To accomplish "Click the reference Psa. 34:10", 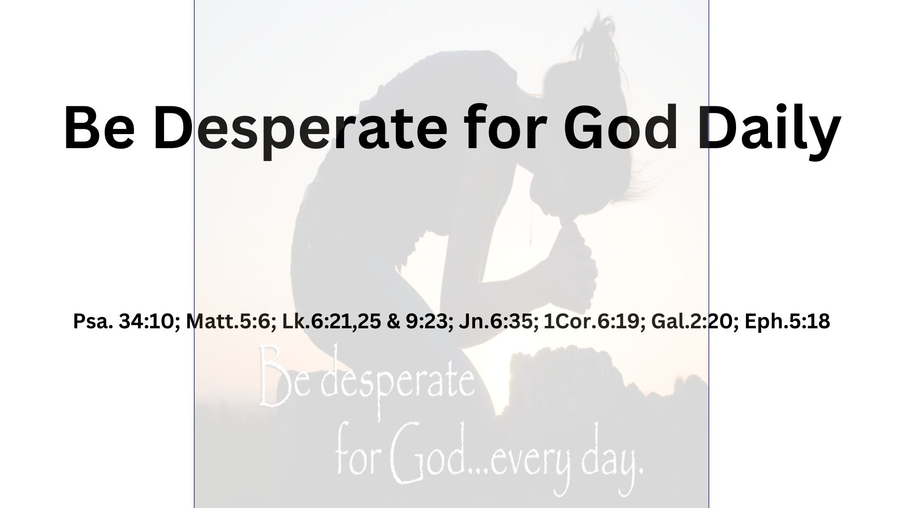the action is coord(124,322).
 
